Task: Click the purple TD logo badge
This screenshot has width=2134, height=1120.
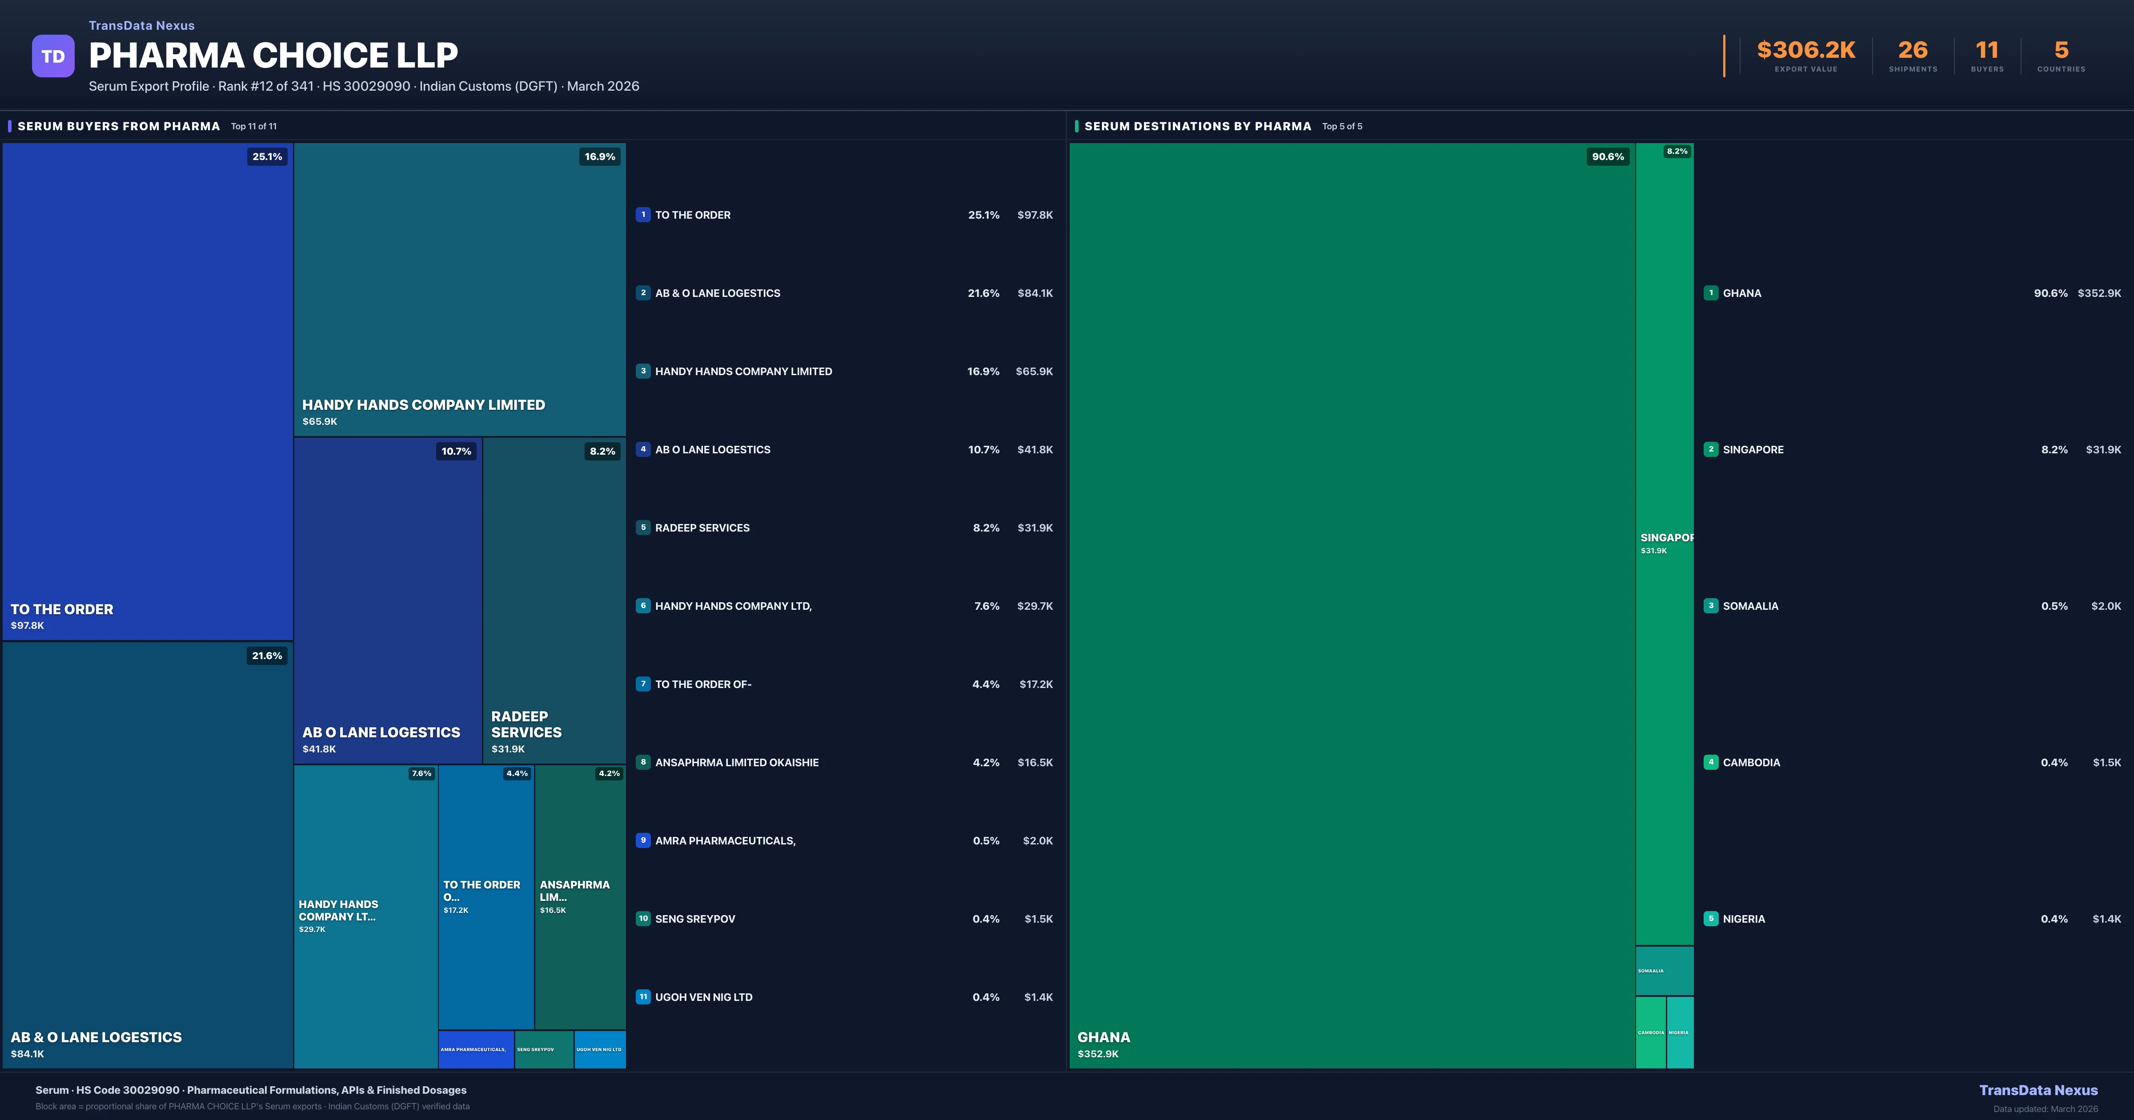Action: click(53, 56)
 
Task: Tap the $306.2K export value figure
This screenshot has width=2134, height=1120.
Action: click(1806, 51)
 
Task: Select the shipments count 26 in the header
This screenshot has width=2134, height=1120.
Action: click(1913, 51)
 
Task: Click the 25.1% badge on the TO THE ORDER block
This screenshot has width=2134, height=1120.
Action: click(267, 156)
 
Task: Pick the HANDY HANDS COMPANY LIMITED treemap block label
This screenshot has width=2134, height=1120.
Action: click(423, 405)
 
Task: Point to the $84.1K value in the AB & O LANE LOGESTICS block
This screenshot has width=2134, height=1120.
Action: click(27, 1054)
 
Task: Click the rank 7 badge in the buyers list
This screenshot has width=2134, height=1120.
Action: click(643, 684)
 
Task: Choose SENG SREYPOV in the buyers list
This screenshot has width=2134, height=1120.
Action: click(695, 919)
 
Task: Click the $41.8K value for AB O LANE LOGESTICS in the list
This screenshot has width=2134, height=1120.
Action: click(1035, 450)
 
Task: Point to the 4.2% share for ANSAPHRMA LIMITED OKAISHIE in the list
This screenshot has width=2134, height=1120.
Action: click(986, 762)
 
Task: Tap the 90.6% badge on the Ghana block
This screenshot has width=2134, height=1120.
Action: click(1607, 156)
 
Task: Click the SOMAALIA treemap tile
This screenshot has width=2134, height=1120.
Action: click(1664, 970)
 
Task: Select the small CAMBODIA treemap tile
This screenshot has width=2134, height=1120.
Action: click(1650, 1032)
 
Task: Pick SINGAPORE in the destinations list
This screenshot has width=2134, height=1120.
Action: click(1753, 450)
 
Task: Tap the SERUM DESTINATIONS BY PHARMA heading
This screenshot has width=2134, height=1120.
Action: click(1197, 126)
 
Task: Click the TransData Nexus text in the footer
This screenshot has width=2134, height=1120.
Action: click(2038, 1090)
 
